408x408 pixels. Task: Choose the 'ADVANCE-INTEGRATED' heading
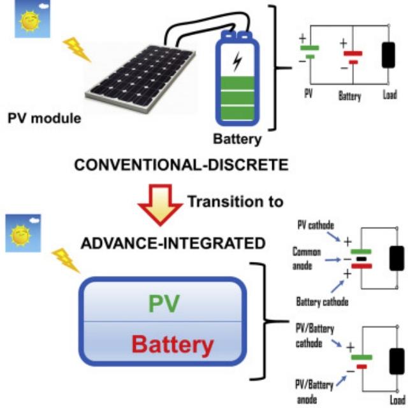coord(163,243)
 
